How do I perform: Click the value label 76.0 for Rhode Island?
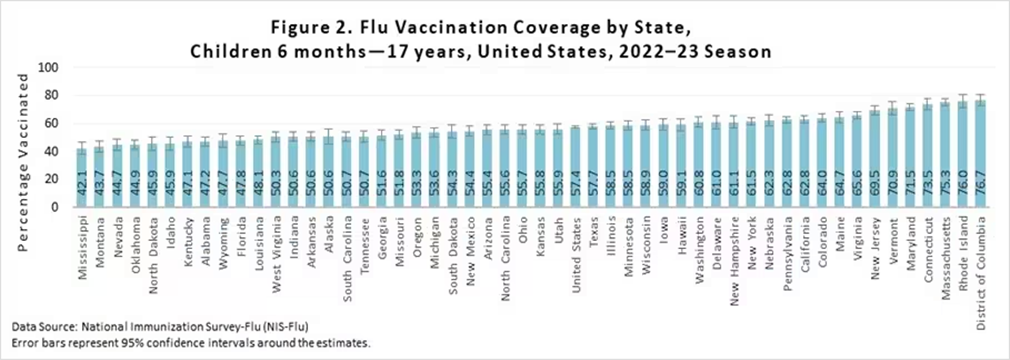962,181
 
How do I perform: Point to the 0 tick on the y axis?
59,207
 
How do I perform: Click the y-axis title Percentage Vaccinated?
23,138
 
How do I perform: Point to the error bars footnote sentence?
192,343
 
